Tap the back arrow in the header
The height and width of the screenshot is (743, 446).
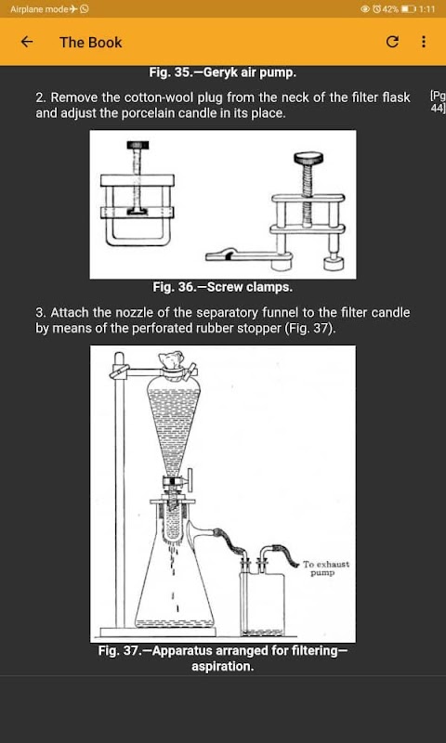pyautogui.click(x=27, y=42)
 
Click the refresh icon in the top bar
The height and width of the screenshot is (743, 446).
pyautogui.click(x=391, y=42)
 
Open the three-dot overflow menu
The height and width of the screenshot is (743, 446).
pyautogui.click(x=424, y=42)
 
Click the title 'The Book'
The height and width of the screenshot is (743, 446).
pyautogui.click(x=90, y=42)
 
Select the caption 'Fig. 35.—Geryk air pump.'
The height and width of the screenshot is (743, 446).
pyautogui.click(x=223, y=72)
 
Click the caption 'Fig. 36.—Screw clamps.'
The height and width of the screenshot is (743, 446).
pyautogui.click(x=223, y=287)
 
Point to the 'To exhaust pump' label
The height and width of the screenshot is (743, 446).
pyautogui.click(x=326, y=568)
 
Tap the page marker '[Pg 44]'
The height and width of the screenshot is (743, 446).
pyautogui.click(x=438, y=102)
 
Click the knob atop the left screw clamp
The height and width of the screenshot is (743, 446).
pyautogui.click(x=138, y=145)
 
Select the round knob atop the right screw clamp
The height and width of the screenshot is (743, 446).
pyautogui.click(x=308, y=157)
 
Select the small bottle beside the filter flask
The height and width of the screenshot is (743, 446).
pyautogui.click(x=263, y=603)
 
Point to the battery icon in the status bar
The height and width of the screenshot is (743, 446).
pyautogui.click(x=408, y=8)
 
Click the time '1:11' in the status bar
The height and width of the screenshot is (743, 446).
pyautogui.click(x=427, y=8)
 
